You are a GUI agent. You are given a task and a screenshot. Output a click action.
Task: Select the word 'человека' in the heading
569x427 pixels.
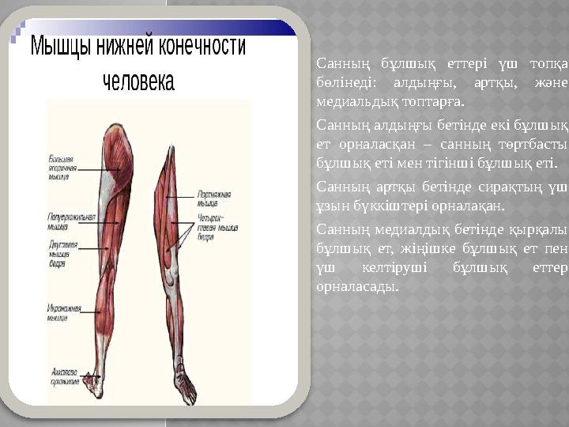point(139,82)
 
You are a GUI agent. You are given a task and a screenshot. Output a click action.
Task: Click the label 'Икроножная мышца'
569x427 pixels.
point(62,315)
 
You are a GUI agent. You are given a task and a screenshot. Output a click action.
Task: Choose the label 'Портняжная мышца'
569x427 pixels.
point(213,196)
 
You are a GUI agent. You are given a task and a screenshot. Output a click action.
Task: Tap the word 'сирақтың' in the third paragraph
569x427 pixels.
point(513,187)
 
